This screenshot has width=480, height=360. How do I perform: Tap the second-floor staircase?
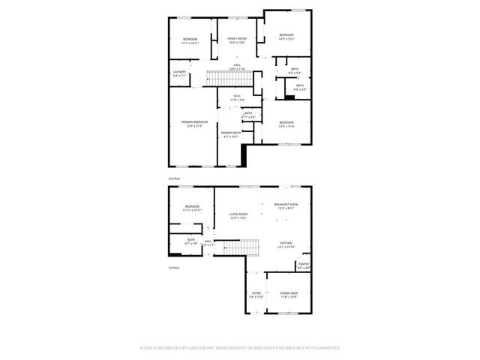(x=221, y=78)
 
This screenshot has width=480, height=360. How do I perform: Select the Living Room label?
(x=238, y=216)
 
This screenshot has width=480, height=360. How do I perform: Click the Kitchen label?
(x=286, y=244)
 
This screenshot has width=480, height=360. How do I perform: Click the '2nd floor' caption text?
(x=174, y=178)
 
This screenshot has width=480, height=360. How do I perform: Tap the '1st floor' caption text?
(x=173, y=268)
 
